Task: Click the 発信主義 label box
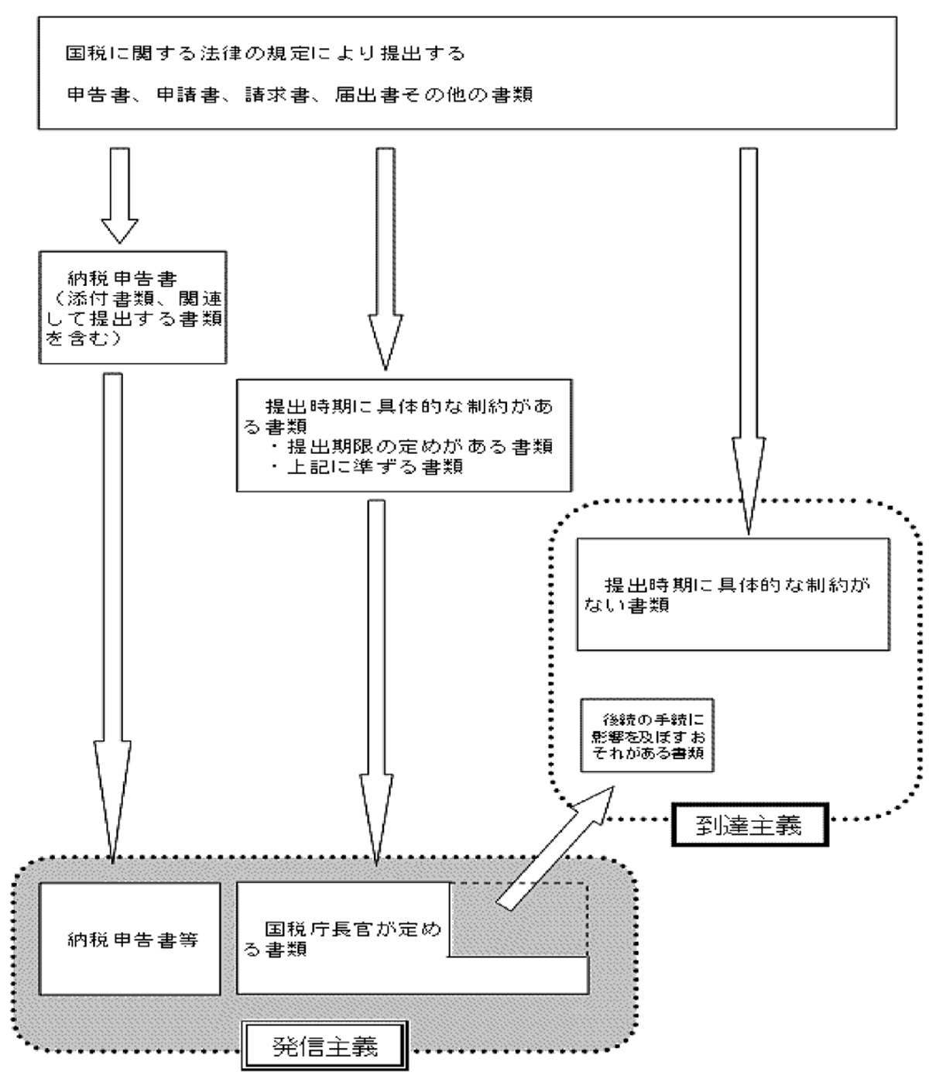pyautogui.click(x=325, y=1047)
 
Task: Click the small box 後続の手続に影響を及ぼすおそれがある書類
pyautogui.click(x=647, y=735)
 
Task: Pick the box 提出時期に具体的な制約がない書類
pyautogui.click(x=732, y=594)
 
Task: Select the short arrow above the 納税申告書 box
pyautogui.click(x=119, y=194)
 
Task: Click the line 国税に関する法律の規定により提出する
pyautogui.click(x=265, y=54)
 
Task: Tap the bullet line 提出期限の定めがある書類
pyautogui.click(x=413, y=447)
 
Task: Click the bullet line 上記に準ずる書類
pyautogui.click(x=369, y=467)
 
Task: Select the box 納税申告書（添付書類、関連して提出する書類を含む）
pyautogui.click(x=132, y=307)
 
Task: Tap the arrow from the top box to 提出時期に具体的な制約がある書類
pyautogui.click(x=385, y=256)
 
